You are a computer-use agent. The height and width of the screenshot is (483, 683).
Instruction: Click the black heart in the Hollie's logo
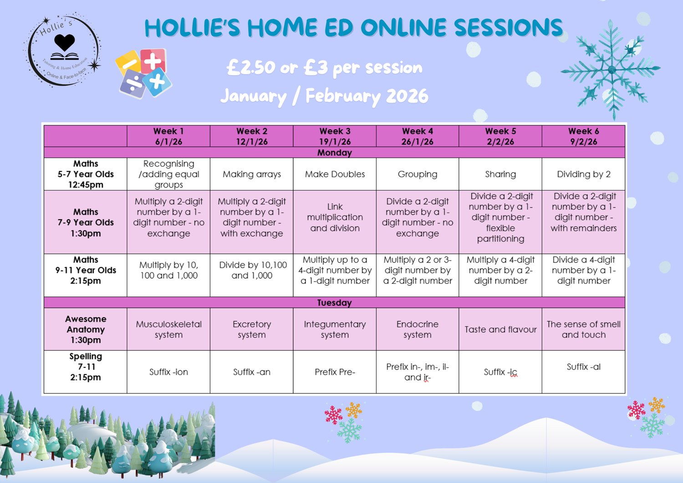pyautogui.click(x=64, y=42)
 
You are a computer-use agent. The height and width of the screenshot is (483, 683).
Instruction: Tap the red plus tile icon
pyautogui.click(x=153, y=61)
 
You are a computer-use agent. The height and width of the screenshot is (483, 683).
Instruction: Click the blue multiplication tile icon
pyautogui.click(x=157, y=82)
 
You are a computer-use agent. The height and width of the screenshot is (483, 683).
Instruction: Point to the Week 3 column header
pyautogui.click(x=335, y=136)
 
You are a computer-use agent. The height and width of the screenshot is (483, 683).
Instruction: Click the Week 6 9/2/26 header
pyautogui.click(x=584, y=136)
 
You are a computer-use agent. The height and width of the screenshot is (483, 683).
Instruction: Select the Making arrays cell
pyautogui.click(x=251, y=174)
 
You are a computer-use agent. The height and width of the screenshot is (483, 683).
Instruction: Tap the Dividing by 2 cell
pyautogui.click(x=584, y=174)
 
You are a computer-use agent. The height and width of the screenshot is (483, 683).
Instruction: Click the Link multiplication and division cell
pyautogui.click(x=335, y=217)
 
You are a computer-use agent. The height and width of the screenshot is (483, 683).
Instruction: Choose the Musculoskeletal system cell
pyautogui.click(x=168, y=329)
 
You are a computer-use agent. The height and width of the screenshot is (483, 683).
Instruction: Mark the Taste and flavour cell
pyautogui.click(x=500, y=329)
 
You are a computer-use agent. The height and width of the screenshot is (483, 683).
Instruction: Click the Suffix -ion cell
pyautogui.click(x=168, y=372)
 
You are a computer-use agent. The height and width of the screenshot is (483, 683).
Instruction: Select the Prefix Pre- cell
pyautogui.click(x=335, y=372)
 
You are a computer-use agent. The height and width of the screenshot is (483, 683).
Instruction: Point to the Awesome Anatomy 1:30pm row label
pyautogui.click(x=86, y=329)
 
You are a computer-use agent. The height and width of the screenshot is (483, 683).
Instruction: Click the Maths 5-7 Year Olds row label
pyautogui.click(x=86, y=174)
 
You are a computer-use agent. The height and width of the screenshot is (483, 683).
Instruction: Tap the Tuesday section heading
pyautogui.click(x=335, y=303)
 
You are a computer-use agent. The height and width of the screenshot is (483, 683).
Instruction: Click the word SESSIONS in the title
pyautogui.click(x=508, y=27)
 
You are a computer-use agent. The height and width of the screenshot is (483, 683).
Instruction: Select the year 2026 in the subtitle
pyautogui.click(x=407, y=96)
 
